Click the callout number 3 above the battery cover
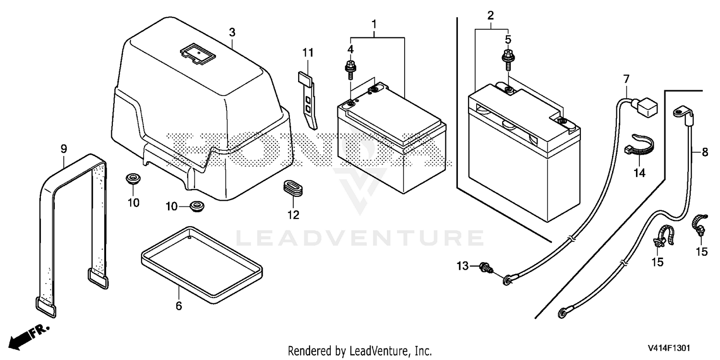232,33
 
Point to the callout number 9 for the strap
64,149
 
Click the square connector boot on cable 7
646,107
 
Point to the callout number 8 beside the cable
705,152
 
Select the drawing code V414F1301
669,348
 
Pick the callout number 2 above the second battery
491,15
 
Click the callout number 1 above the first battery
374,24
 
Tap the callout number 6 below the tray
179,306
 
